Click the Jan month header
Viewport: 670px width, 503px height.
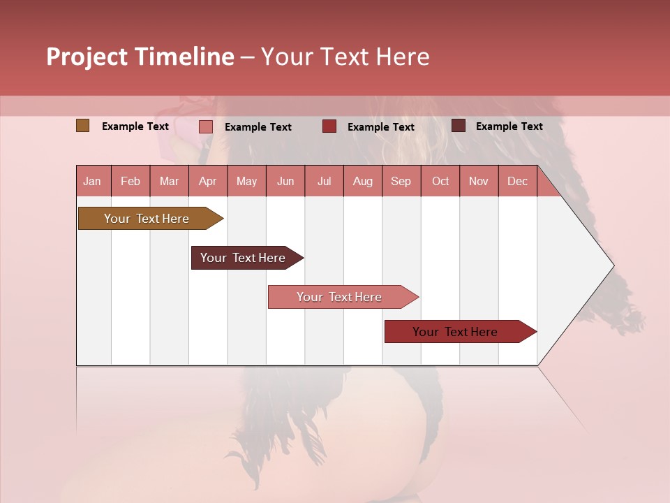[92, 181]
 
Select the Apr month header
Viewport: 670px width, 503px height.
[207, 181]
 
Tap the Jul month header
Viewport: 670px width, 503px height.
[324, 181]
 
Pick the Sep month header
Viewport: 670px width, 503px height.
[401, 181]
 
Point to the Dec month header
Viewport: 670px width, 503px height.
[517, 181]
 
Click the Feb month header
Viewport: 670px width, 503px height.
[131, 181]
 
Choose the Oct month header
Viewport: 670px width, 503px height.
[440, 181]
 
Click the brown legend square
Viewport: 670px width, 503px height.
[83, 126]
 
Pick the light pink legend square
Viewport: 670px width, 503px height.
[206, 126]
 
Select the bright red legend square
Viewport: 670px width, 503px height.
[329, 126]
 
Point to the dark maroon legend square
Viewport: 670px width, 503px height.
[459, 126]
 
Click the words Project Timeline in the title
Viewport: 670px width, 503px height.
[140, 57]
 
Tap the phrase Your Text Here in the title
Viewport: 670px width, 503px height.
[345, 57]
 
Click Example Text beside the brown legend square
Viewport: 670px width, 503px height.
[135, 126]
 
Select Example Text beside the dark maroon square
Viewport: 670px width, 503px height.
[509, 126]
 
